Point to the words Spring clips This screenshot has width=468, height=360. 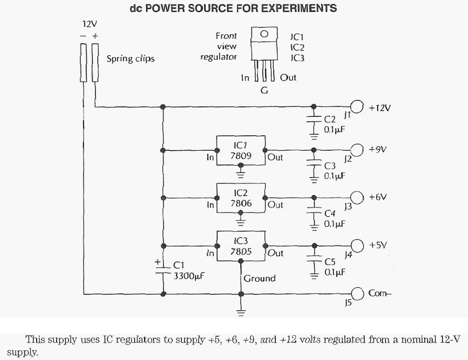pyautogui.click(x=131, y=59)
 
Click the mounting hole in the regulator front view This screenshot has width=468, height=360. pyautogui.click(x=265, y=34)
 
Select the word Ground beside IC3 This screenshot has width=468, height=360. pyautogui.click(x=259, y=278)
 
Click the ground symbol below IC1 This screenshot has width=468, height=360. pyautogui.click(x=241, y=174)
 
